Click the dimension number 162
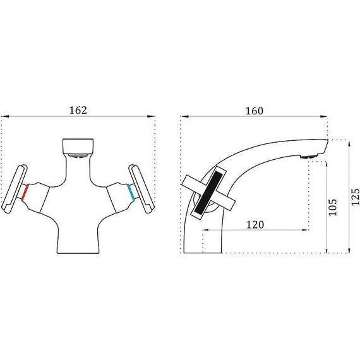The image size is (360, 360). [x=78, y=111]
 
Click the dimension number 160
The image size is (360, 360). [x=255, y=111]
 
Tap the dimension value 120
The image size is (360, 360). [x=255, y=225]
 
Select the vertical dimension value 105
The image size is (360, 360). [x=332, y=207]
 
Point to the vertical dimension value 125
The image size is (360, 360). [x=355, y=197]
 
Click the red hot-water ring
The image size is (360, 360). [x=25, y=193]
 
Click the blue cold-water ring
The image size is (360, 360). [x=131, y=193]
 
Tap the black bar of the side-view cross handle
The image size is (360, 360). [x=208, y=192]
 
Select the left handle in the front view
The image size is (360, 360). [x=15, y=189]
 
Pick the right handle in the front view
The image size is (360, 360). [x=141, y=189]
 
